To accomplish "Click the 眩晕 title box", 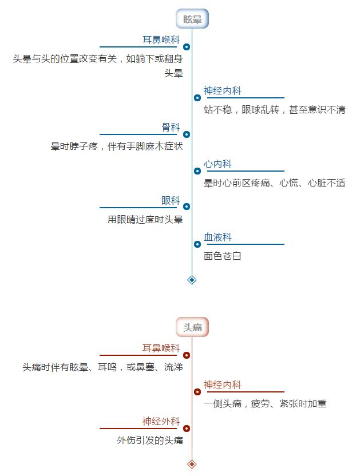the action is [x=192, y=19].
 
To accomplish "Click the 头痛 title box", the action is [x=192, y=327].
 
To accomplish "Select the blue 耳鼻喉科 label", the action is [x=161, y=40].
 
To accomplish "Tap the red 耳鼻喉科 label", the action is [x=161, y=348].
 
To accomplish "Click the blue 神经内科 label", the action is [x=223, y=91].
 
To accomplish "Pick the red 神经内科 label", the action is [x=223, y=384].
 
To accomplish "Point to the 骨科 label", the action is [x=171, y=127].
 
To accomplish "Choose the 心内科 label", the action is [x=217, y=164].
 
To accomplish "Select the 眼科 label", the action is [x=171, y=200].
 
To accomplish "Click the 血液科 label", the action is [x=217, y=237].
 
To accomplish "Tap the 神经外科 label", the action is [x=161, y=421].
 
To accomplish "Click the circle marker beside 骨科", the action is [x=187, y=134].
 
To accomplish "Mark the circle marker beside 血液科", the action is [x=197, y=244].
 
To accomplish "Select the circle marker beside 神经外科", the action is [x=187, y=429].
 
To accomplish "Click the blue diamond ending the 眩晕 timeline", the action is [x=192, y=280].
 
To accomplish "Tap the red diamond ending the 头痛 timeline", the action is [x=192, y=464].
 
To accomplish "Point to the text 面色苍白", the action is [x=223, y=256].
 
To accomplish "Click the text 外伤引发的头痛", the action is [x=150, y=440].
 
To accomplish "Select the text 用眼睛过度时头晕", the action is [x=145, y=220].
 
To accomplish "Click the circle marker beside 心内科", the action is [x=197, y=171].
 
